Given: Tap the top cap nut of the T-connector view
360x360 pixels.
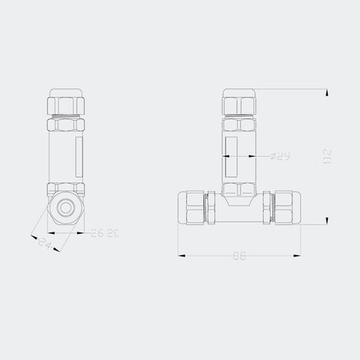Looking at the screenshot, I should tap(241, 101).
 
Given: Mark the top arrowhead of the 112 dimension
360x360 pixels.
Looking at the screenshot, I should tap(327, 92).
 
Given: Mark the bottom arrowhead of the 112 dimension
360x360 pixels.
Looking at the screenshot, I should tap(327, 220).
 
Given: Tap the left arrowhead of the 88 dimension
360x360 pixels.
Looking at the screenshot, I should tap(180, 256).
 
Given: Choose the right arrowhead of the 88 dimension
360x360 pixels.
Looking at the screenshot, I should tap(303, 256).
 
